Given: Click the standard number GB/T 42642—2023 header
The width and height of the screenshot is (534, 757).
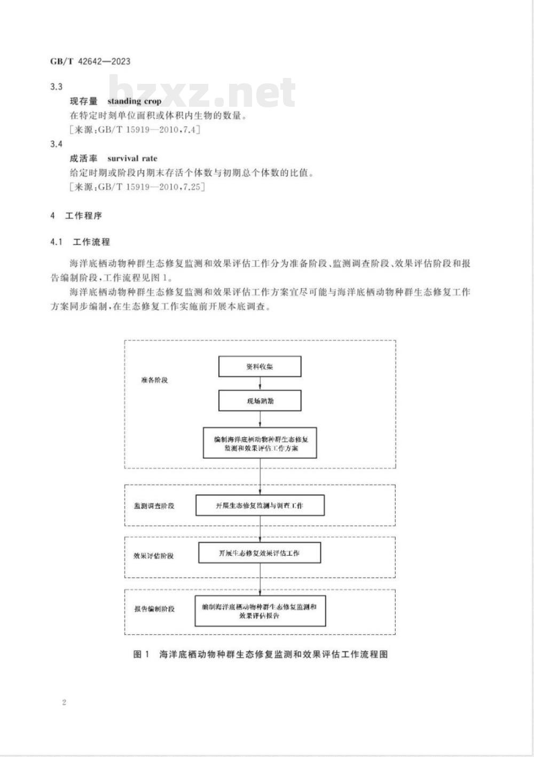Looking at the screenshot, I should pos(90,61).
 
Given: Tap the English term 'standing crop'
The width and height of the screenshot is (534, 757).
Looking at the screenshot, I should pos(134,101).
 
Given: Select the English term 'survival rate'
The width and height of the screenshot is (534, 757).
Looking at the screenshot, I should pos(132,159).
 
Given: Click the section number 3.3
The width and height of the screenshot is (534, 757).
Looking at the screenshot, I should pos(56,86).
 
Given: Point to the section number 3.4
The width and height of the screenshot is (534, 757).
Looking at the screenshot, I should pos(56,144).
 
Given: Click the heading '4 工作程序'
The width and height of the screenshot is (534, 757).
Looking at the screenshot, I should pos(76,216).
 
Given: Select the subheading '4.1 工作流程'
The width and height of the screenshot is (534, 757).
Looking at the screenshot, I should pos(80,242).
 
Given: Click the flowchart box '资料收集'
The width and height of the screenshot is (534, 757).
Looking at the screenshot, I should pos(260,367).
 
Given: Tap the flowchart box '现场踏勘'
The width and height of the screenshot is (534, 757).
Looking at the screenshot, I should pos(260,400).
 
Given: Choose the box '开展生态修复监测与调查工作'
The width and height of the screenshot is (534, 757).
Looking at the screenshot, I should pos(260,505).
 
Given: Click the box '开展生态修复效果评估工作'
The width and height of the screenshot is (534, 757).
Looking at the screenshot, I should pos(260,553).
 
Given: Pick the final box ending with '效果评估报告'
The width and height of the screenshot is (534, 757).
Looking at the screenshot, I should pos(260,611).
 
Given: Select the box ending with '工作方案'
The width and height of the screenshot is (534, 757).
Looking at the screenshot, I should pos(260,443).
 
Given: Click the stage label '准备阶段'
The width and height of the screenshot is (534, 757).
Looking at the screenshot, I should pos(154,380).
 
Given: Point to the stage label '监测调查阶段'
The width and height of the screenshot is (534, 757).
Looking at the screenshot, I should pos(154,506).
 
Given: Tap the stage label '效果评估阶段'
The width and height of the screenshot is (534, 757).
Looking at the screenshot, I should pos(154,556).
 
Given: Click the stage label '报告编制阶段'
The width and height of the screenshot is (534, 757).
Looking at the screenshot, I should pos(154,609).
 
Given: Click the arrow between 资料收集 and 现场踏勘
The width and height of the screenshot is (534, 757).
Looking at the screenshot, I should pos(260,383).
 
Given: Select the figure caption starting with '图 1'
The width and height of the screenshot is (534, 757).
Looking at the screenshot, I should pos(260,654).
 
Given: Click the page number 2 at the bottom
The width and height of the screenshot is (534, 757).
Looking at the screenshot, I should pos(64,702).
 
